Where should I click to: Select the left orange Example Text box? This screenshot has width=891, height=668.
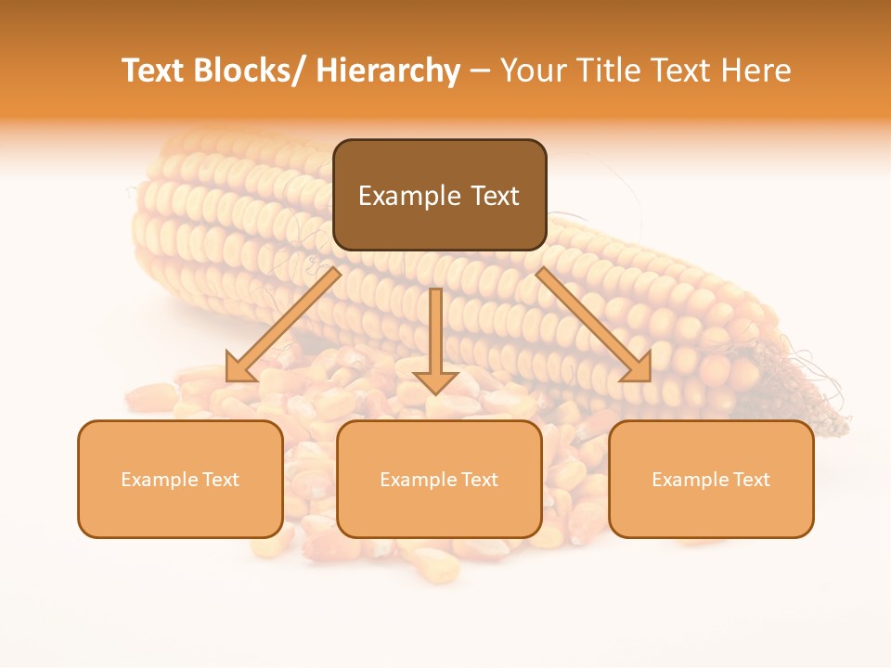[x=180, y=479]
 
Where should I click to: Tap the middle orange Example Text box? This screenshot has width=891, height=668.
[x=439, y=479]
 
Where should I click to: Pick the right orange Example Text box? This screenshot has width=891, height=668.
[x=711, y=479]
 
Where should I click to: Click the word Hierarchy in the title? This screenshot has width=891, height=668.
[x=387, y=71]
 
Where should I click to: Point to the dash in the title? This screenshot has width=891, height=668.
[x=480, y=71]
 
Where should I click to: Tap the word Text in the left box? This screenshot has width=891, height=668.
[x=220, y=480]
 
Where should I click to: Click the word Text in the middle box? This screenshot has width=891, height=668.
[x=479, y=480]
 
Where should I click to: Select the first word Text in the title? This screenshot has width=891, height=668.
[x=155, y=71]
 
